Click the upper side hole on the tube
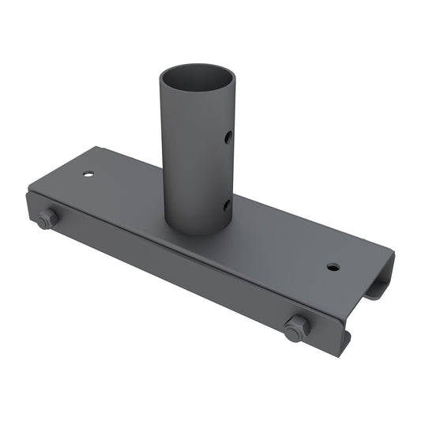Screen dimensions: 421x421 tap(227, 137)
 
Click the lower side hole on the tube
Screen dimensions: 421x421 tap(227, 205)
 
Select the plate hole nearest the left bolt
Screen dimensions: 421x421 tap(88, 173)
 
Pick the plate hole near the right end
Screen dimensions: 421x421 tap(333, 267)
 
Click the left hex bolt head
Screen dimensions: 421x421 tap(46, 219)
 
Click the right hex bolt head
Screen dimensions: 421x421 tap(296, 327)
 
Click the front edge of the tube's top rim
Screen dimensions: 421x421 tap(197, 100)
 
